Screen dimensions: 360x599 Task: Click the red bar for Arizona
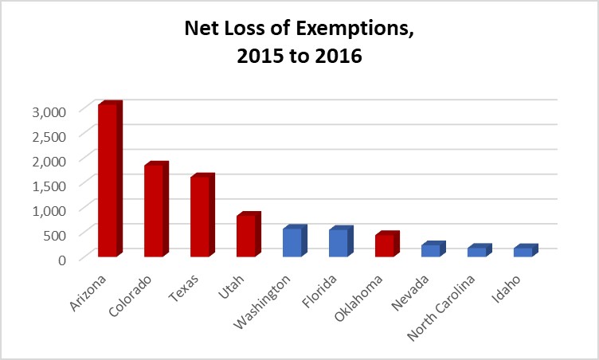point(108,181)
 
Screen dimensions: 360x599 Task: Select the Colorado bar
point(154,211)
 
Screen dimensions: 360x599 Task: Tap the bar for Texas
point(200,217)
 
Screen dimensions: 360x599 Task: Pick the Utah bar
point(246,237)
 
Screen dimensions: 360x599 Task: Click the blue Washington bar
point(292,243)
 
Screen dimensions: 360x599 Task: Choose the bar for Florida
point(339,244)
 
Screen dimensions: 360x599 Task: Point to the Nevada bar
point(431,251)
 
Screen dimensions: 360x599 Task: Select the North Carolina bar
point(477,252)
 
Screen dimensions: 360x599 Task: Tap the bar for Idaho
point(523,252)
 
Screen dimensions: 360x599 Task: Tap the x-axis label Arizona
point(100,290)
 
